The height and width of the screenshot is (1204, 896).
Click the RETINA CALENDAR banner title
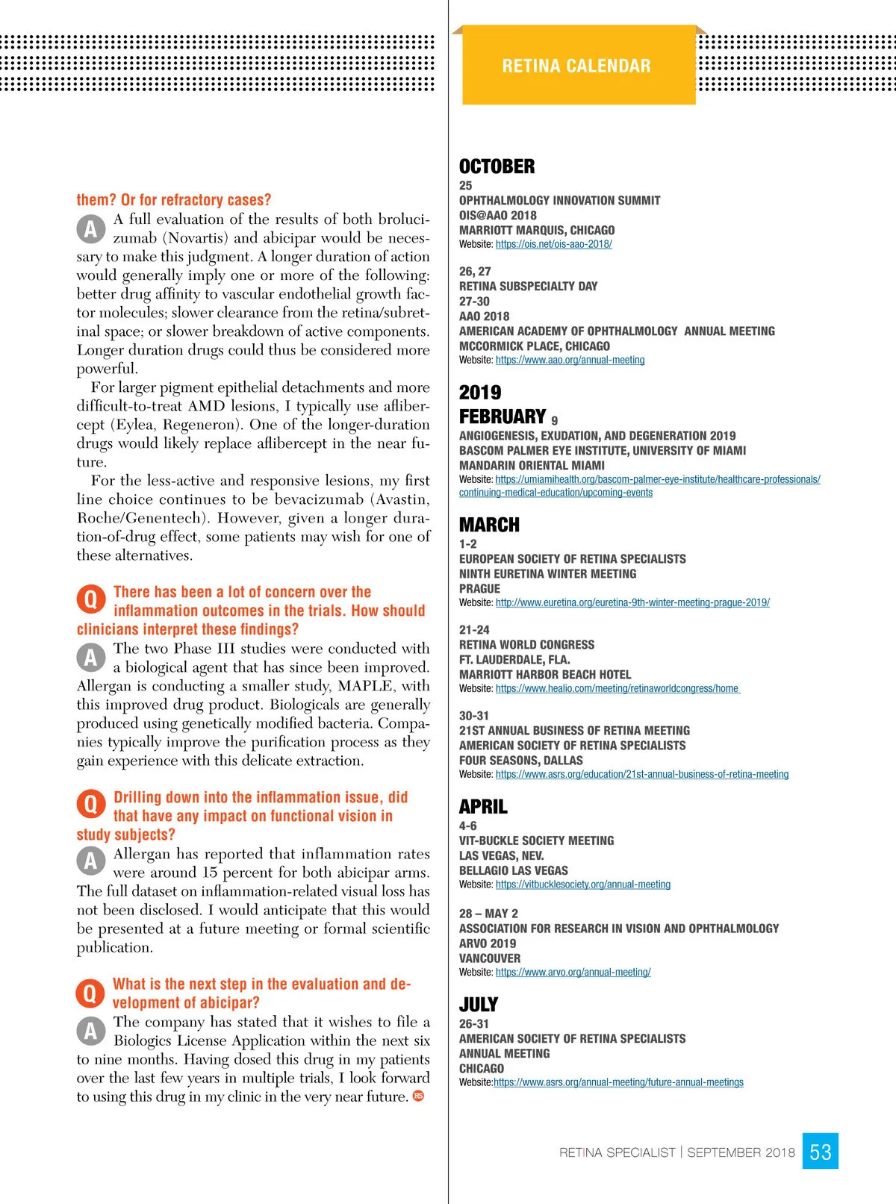[x=576, y=66]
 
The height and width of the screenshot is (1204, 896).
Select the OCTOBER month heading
[x=497, y=166]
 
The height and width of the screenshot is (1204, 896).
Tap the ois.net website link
[x=553, y=244]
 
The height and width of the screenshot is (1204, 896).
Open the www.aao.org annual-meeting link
[x=570, y=360]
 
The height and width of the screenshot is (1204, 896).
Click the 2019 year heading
[x=480, y=393]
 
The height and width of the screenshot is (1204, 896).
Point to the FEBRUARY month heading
[x=503, y=417]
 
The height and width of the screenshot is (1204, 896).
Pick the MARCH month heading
[x=489, y=525]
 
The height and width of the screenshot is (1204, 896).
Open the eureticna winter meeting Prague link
[x=632, y=602]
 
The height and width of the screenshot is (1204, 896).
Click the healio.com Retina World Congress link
[x=617, y=688]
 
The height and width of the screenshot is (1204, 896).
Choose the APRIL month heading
[x=483, y=806]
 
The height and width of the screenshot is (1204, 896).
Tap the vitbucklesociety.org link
[x=582, y=885]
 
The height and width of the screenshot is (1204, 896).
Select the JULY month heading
[x=479, y=1004]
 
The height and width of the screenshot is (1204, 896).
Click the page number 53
[x=820, y=1152]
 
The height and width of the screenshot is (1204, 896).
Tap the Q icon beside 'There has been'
[x=90, y=599]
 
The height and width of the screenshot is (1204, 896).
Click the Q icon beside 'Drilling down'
[x=90, y=805]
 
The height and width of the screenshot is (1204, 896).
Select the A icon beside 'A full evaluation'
[x=90, y=228]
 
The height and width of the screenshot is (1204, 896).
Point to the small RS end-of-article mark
[x=418, y=1096]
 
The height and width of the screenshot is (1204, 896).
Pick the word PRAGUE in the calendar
[x=479, y=588]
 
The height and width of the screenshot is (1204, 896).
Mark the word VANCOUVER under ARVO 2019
[x=490, y=958]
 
